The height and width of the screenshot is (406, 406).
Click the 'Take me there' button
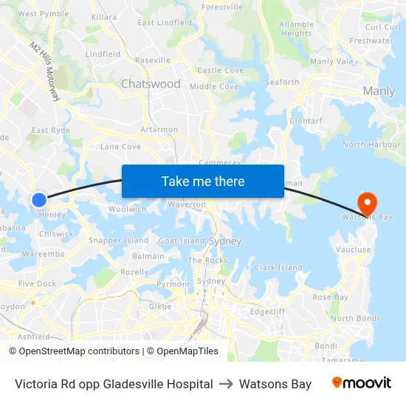click(x=202, y=181)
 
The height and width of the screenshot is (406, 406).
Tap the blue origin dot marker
click(x=39, y=199)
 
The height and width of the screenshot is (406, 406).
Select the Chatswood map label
click(x=151, y=84)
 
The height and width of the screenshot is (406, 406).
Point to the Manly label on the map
click(x=379, y=92)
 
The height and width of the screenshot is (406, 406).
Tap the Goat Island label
click(x=182, y=241)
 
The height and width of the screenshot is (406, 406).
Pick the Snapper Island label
click(x=118, y=241)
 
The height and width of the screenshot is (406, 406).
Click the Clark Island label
click(x=278, y=268)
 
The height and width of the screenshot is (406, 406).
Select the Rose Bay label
click(x=330, y=297)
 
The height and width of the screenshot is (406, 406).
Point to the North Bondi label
click(x=354, y=318)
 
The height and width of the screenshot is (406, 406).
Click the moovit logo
click(x=362, y=383)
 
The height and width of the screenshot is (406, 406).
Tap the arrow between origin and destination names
click(x=226, y=384)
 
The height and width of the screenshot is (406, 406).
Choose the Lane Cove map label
click(x=120, y=147)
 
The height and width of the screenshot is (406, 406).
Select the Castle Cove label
click(x=220, y=71)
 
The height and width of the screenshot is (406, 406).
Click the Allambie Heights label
click(x=296, y=29)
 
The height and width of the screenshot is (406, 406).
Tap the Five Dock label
click(x=37, y=283)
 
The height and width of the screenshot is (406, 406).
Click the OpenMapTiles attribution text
click(x=182, y=351)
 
